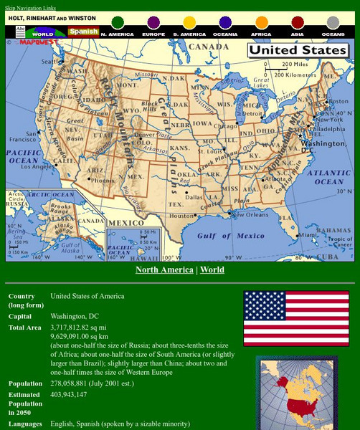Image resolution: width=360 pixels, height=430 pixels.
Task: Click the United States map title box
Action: point(298,51)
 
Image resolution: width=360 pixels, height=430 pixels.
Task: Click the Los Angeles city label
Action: point(37,166)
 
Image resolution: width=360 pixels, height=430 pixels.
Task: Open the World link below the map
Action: point(212,270)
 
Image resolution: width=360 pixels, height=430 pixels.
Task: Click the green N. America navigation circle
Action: point(118,23)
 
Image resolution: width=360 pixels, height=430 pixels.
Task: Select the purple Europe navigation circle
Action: point(153,23)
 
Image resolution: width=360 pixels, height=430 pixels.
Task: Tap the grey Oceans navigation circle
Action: point(333,23)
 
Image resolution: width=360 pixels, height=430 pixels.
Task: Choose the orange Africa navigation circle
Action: point(262,23)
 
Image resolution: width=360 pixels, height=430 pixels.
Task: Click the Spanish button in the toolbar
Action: point(83,32)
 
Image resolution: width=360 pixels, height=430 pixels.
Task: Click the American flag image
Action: point(285,318)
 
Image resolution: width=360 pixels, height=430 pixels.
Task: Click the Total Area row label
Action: point(25,328)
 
